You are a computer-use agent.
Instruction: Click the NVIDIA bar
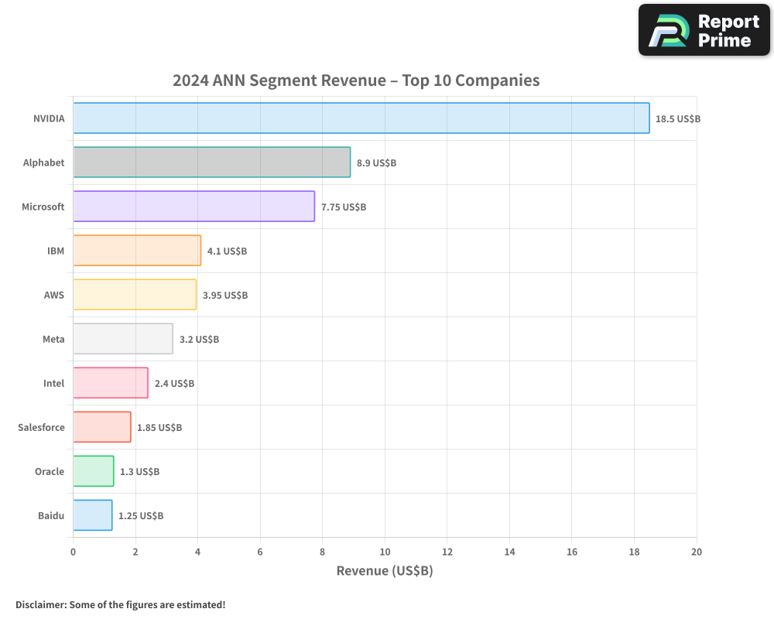point(361,118)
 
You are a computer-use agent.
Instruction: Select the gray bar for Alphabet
point(211,162)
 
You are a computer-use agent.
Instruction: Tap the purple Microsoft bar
point(193,207)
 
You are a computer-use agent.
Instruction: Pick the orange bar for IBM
point(137,251)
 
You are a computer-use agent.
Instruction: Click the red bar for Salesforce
point(102,427)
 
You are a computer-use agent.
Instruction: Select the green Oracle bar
point(94,471)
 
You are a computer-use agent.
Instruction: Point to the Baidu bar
point(93,515)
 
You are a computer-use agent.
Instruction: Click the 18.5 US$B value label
point(678,119)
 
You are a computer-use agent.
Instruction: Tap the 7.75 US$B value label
point(344,207)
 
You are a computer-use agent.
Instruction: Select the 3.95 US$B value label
point(225,296)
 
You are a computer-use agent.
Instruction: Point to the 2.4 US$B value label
point(174,384)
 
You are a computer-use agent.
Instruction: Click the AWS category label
point(54,295)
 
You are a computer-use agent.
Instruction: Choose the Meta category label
point(53,339)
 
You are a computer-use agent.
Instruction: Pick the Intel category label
point(54,383)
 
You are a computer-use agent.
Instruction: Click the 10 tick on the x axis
point(385,552)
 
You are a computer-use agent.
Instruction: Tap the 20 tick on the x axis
point(697,552)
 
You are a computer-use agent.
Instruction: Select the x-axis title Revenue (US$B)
point(385,571)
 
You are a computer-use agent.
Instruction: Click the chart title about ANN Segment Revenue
point(356,80)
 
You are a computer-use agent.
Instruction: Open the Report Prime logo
point(704,30)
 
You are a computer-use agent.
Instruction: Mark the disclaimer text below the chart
point(120,604)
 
